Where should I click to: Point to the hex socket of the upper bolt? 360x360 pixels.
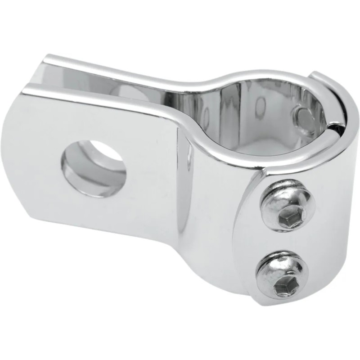pyautogui.click(x=285, y=219)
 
